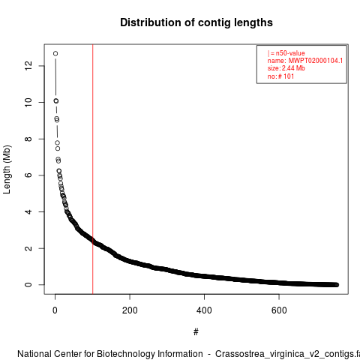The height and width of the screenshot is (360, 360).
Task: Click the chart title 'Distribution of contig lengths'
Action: (196, 22)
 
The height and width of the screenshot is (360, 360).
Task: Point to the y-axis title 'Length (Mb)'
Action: (7, 169)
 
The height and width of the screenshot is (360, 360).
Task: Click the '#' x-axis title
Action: (196, 332)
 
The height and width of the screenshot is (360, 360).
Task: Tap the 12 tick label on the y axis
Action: (28, 66)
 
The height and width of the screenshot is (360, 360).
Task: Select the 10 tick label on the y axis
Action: (28, 102)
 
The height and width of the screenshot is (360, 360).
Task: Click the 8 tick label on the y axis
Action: (28, 139)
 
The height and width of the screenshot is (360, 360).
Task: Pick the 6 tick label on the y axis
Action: (28, 175)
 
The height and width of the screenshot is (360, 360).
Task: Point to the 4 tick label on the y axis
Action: (28, 211)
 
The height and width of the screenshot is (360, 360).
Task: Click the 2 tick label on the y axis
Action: (28, 248)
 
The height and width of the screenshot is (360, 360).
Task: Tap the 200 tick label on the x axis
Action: (130, 310)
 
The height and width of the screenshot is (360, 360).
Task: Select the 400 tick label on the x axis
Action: (204, 310)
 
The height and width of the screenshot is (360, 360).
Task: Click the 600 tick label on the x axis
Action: (279, 310)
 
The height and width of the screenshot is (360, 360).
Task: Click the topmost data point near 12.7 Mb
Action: (55, 53)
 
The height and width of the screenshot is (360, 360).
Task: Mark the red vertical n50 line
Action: (93, 169)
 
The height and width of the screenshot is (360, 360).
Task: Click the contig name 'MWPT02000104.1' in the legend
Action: (316, 61)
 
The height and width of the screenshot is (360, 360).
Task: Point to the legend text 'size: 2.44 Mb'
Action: (286, 68)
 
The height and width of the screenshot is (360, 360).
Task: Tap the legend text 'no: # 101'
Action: (280, 76)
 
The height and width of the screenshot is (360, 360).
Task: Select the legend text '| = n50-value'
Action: (286, 53)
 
